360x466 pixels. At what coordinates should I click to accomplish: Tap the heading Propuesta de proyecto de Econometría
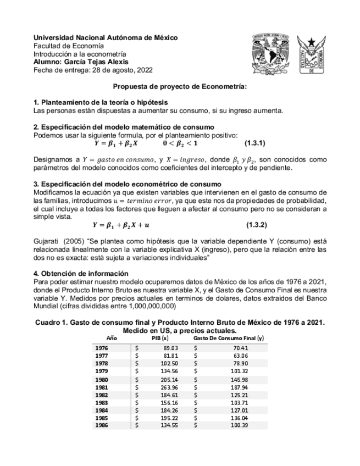[180, 86]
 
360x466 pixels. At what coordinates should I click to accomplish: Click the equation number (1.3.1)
[255, 143]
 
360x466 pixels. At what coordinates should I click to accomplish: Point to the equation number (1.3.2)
[256, 225]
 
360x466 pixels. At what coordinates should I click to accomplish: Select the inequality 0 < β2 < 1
[180, 143]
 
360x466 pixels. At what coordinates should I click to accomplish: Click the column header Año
[112, 339]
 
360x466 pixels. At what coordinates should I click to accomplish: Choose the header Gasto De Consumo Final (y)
[229, 339]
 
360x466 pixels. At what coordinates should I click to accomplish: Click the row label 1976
[102, 348]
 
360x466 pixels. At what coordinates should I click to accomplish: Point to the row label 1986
[102, 425]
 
